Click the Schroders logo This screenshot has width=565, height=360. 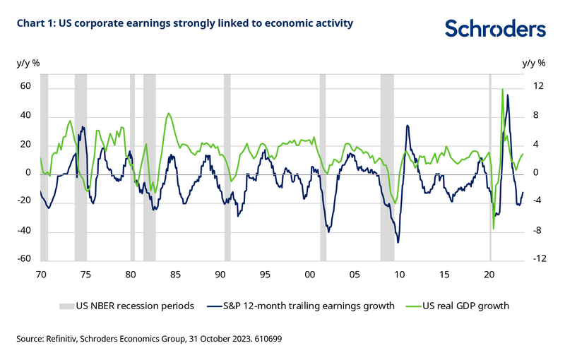tap(494, 28)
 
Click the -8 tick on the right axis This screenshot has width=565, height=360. tap(537, 230)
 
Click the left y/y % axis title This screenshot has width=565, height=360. tap(28, 63)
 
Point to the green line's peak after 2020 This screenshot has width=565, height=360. tap(502, 90)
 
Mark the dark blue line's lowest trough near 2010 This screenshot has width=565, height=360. tap(398, 242)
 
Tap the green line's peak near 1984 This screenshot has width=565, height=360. tap(168, 114)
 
